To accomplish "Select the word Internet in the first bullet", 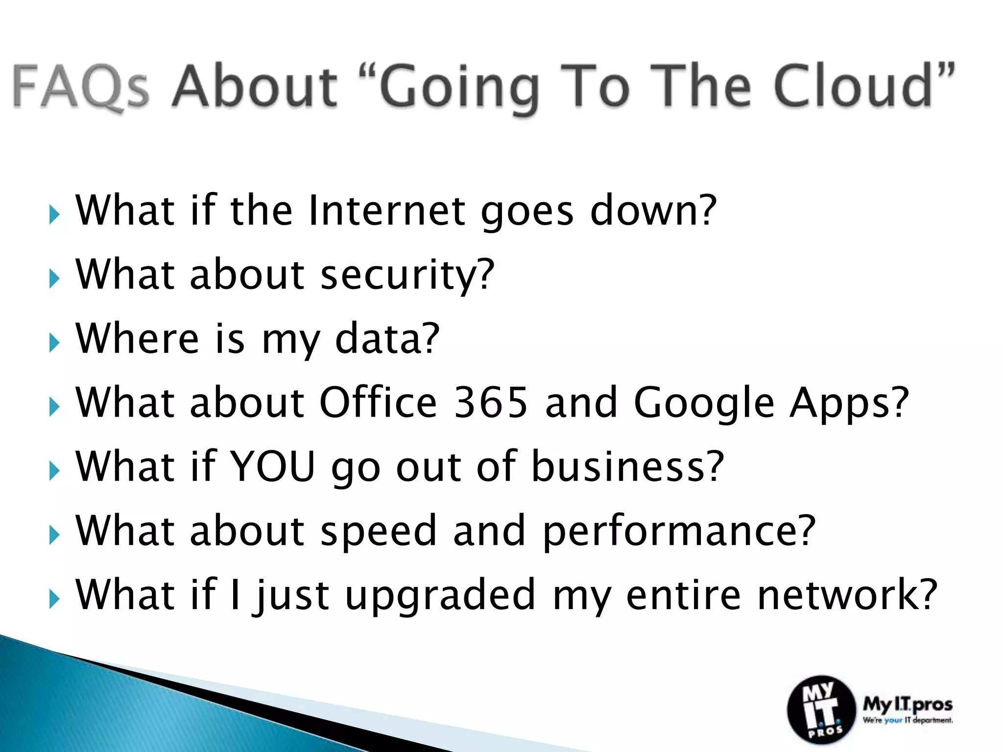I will [x=387, y=211].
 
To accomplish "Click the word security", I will [x=407, y=275].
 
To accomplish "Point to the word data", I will [x=387, y=339].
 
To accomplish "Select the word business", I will [x=627, y=467].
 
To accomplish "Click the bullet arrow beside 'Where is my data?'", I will [x=54, y=343].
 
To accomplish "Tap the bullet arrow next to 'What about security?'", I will [x=54, y=279].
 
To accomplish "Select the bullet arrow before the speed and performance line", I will [x=54, y=535].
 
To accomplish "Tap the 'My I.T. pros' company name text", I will [x=907, y=705].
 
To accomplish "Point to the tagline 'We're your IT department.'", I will [x=907, y=721].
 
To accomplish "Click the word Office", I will [x=378, y=402].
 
